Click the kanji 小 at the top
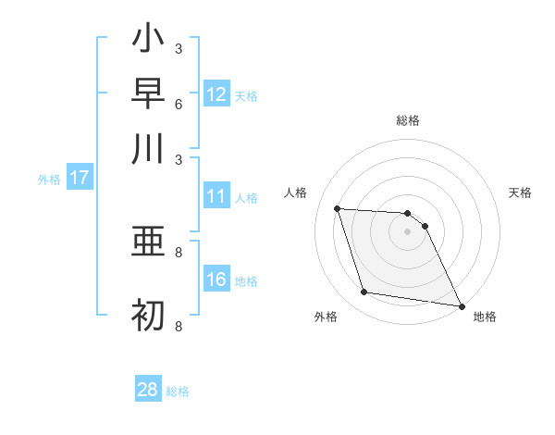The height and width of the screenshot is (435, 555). [148, 38]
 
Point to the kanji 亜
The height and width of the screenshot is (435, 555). [148, 242]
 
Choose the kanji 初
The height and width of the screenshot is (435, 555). [148, 316]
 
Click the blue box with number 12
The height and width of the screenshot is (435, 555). [216, 93]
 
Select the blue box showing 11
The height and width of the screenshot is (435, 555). [216, 196]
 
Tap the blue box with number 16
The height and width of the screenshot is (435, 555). [216, 280]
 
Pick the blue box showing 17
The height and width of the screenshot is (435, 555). [80, 178]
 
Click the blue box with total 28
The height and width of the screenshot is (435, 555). [148, 390]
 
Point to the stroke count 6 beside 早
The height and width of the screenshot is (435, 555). [179, 103]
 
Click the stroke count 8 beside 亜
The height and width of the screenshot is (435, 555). [179, 251]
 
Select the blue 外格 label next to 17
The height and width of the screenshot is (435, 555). [49, 180]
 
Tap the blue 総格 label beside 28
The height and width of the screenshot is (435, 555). [179, 391]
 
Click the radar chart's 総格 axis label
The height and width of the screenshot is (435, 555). [408, 120]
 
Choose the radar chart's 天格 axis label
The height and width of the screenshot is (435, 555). [521, 193]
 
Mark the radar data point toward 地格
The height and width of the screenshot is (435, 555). [462, 305]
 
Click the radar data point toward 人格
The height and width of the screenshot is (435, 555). [338, 209]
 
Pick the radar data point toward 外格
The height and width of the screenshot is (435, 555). [364, 292]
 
